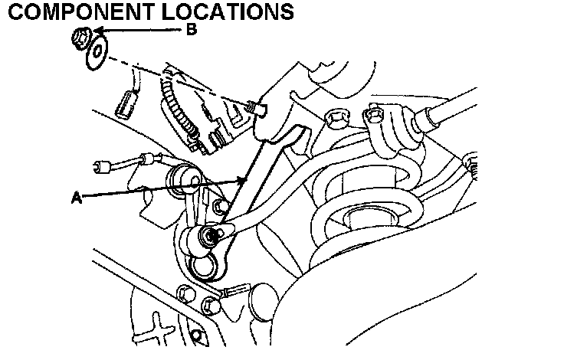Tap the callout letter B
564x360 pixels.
click(192, 30)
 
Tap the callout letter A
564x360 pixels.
click(76, 197)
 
